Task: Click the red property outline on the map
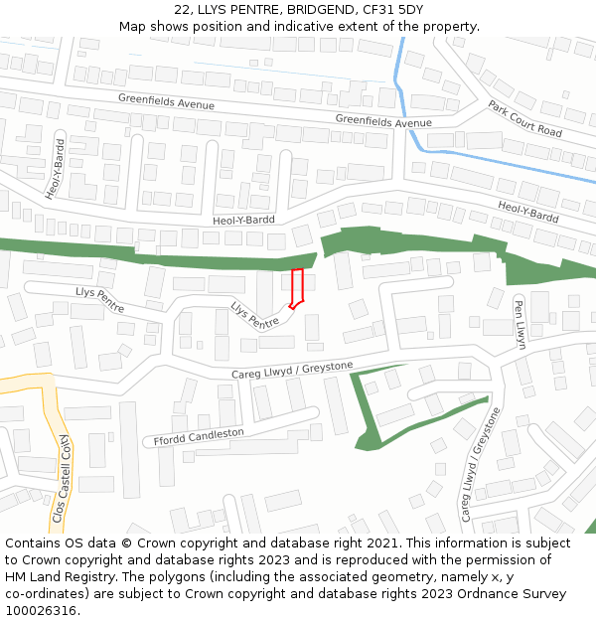[296, 287]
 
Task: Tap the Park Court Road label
[524, 118]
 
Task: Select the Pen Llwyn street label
[520, 324]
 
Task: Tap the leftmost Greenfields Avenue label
[166, 99]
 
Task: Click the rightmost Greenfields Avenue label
[383, 121]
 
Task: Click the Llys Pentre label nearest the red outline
[255, 316]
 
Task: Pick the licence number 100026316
[41, 611]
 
